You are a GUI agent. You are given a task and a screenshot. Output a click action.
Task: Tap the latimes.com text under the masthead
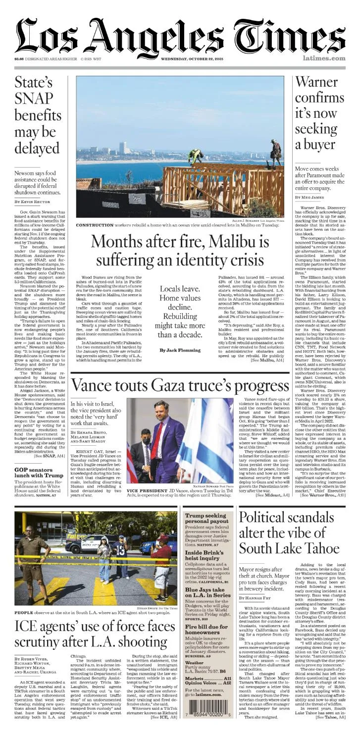324,59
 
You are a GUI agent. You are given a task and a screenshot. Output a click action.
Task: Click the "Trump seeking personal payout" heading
205,519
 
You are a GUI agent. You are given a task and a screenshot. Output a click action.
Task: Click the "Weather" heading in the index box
194,662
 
